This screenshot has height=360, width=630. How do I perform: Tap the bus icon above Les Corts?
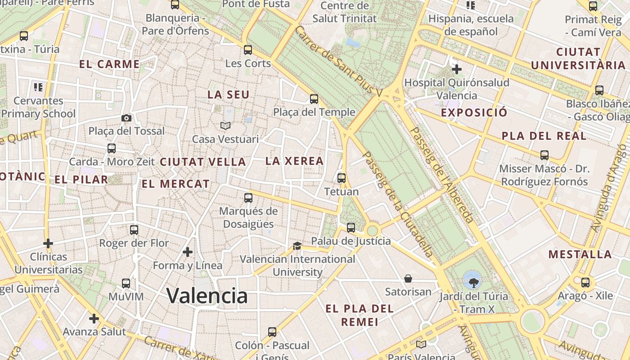[x=247, y=50]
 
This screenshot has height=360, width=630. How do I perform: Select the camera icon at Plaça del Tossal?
[x=126, y=118]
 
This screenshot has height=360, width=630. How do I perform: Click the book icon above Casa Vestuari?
[x=225, y=126]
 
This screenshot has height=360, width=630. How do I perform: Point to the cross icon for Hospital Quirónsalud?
[x=456, y=69]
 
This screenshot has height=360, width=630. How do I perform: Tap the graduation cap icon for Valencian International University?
[x=297, y=246]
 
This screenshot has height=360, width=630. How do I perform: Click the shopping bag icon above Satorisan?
[x=408, y=279]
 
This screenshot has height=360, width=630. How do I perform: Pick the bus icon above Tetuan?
[x=342, y=178]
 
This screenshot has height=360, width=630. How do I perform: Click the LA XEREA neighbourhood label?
[x=295, y=161]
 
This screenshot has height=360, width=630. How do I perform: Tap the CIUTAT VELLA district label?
[x=203, y=162]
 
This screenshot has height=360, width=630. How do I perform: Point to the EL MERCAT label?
[x=175, y=184]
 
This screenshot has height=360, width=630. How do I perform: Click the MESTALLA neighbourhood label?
[x=580, y=254]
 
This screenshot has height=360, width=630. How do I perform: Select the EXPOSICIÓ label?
[x=474, y=112]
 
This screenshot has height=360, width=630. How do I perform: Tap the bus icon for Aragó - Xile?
[x=585, y=283]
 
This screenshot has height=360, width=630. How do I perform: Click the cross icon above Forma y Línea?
[x=188, y=252]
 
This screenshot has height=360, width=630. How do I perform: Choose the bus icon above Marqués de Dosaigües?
[x=248, y=198]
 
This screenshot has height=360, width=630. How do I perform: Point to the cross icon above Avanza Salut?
[x=94, y=319]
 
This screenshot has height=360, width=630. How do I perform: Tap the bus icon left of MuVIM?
[x=126, y=283]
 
